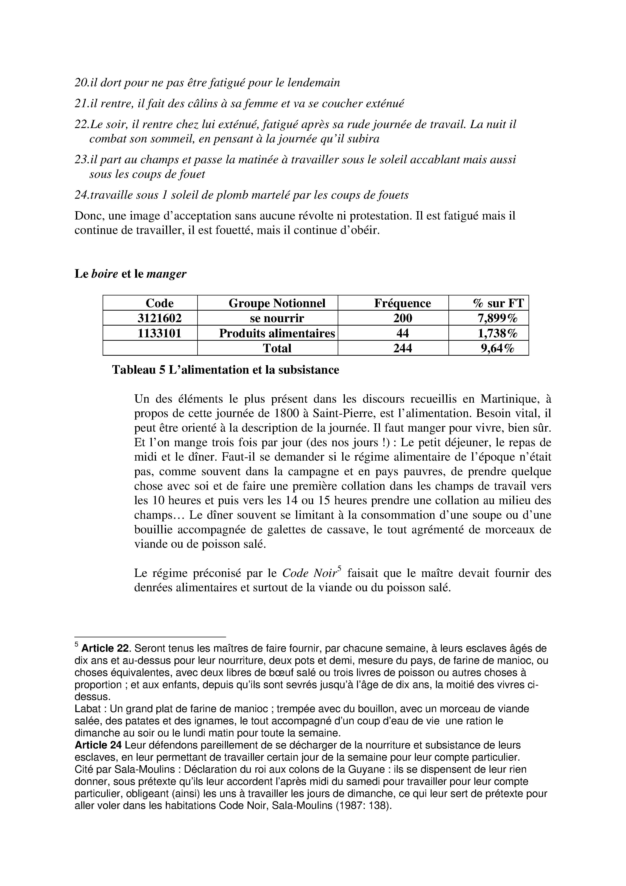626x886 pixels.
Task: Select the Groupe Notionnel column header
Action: [x=277, y=303]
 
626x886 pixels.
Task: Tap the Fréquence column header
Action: [x=402, y=303]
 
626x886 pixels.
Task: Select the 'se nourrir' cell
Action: [x=277, y=318]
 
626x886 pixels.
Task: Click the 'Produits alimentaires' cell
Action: [x=277, y=333]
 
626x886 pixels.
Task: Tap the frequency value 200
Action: [x=402, y=318]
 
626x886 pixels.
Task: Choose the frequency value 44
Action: [x=402, y=333]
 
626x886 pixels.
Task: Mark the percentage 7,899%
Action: [x=497, y=318]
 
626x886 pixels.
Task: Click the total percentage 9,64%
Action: [x=497, y=348]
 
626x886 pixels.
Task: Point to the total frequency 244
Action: [x=402, y=348]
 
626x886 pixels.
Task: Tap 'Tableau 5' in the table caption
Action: [x=138, y=370]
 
